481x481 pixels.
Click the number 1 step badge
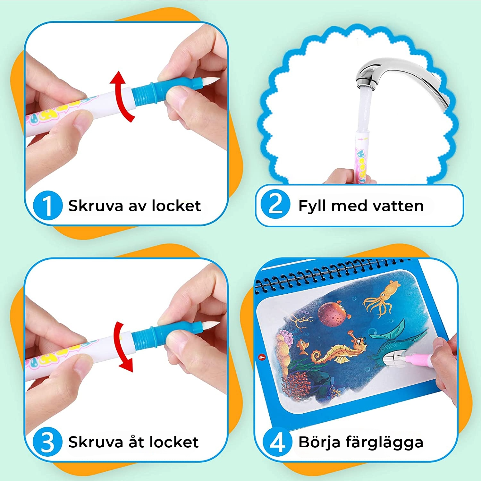48,206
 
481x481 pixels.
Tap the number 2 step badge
275,204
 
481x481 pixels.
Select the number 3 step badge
48,442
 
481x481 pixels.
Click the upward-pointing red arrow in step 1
121,96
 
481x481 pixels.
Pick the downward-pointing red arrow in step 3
122,347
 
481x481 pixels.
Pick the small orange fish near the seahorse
302,347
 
